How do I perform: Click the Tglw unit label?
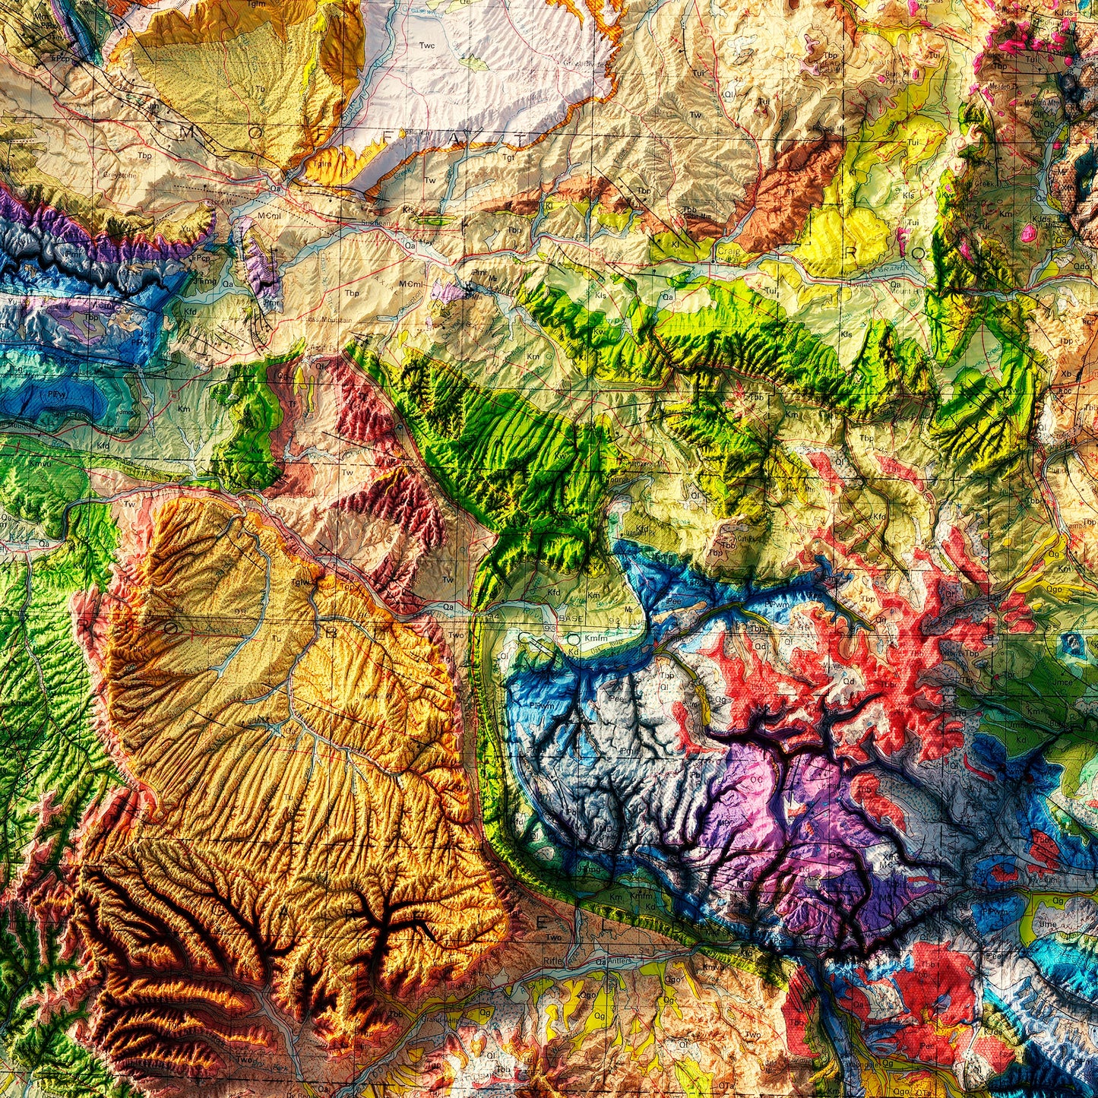[301, 583]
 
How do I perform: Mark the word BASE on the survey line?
[571, 619]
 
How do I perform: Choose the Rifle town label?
[552, 961]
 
